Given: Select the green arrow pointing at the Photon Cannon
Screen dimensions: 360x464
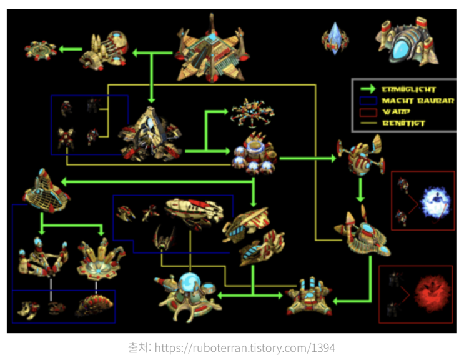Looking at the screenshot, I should tap(71, 49).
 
